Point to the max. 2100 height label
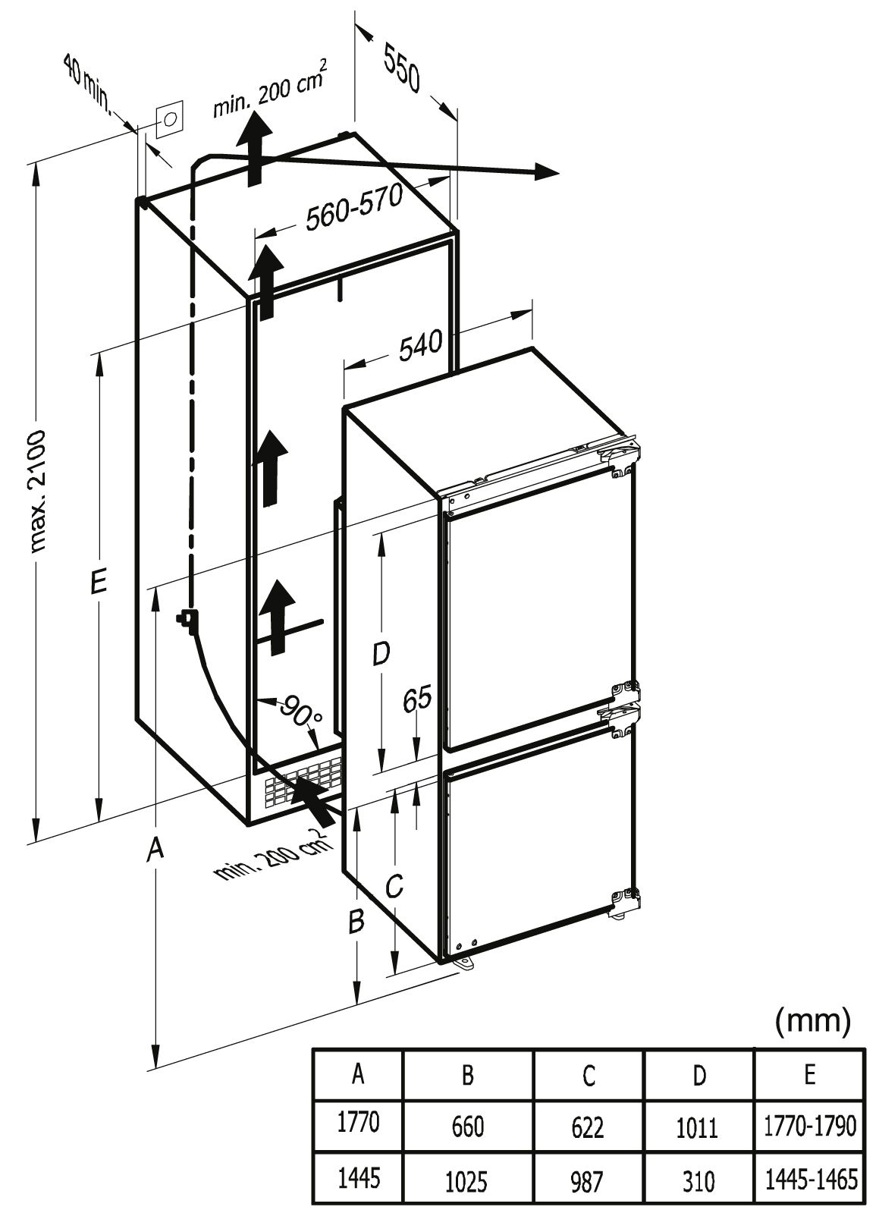pyautogui.click(x=34, y=489)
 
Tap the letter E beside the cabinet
pyautogui.click(x=98, y=583)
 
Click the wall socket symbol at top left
pyautogui.click(x=170, y=119)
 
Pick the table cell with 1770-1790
pyautogui.click(x=810, y=1126)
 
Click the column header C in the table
pyautogui.click(x=588, y=1075)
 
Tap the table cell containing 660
pyautogui.click(x=467, y=1127)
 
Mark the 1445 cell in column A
pyautogui.click(x=358, y=1178)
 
